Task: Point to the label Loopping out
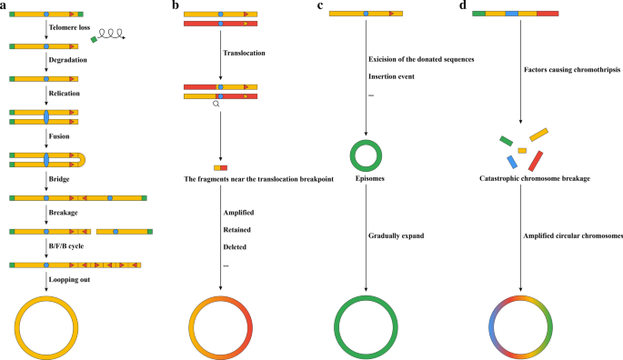(x=69, y=279)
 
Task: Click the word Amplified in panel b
(x=239, y=211)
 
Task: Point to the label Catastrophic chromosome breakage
(x=534, y=179)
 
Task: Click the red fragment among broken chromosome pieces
(x=535, y=160)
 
